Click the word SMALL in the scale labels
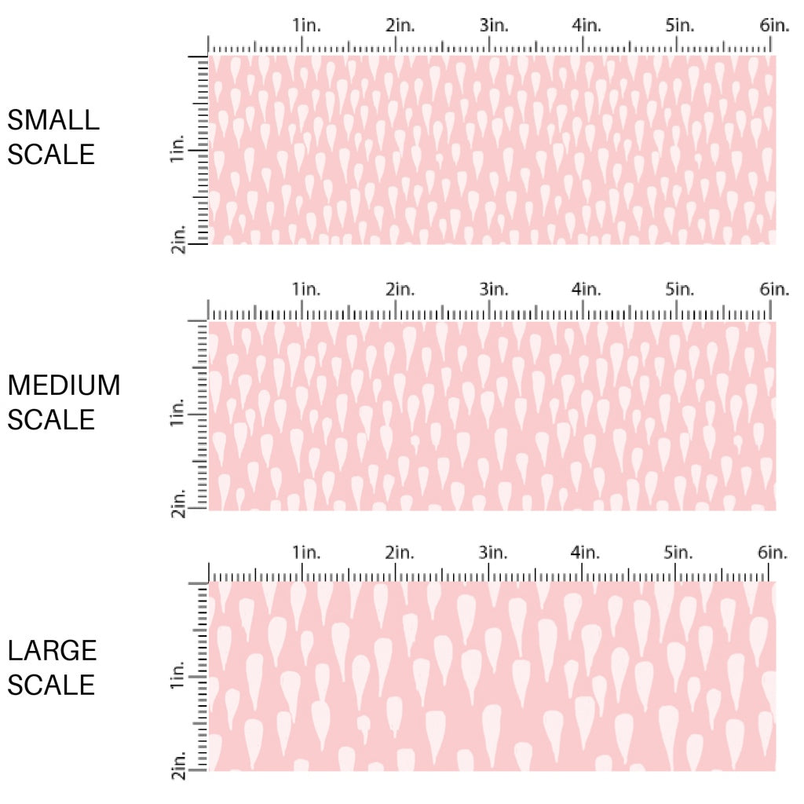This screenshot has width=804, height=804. point(53,120)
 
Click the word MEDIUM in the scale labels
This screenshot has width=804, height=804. point(64,386)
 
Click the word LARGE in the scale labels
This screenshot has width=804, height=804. point(53,651)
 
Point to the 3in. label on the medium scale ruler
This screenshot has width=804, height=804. point(494,290)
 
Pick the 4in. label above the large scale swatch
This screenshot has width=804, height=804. point(587,553)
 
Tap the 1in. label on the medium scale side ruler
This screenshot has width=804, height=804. point(177,413)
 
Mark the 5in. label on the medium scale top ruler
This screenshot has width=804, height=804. point(680,290)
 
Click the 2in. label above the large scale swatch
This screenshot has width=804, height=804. point(400,553)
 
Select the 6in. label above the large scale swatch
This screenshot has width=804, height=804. point(774,553)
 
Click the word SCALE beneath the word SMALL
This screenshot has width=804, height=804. point(51,154)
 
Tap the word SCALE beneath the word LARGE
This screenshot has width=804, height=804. point(51,685)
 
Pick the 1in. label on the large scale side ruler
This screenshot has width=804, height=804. point(177,677)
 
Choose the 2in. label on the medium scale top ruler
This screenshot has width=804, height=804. point(400,290)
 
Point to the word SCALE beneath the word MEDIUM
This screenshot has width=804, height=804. point(51,419)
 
